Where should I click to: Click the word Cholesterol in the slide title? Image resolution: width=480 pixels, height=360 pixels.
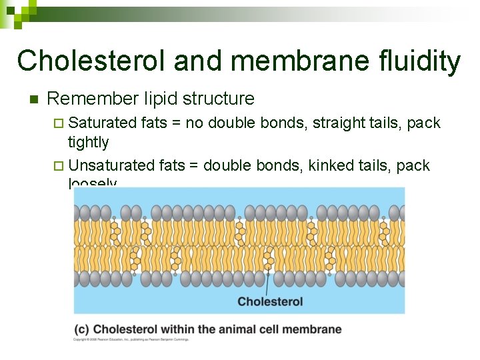(x=91, y=61)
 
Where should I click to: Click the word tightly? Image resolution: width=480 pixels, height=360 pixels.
(x=88, y=142)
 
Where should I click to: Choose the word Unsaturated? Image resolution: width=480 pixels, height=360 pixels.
(x=111, y=165)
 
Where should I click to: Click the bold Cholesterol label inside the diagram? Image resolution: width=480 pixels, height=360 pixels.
(x=270, y=301)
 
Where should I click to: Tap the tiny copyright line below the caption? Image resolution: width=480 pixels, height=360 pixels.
(x=131, y=339)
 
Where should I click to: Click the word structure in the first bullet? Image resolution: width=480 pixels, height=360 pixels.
(x=219, y=99)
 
